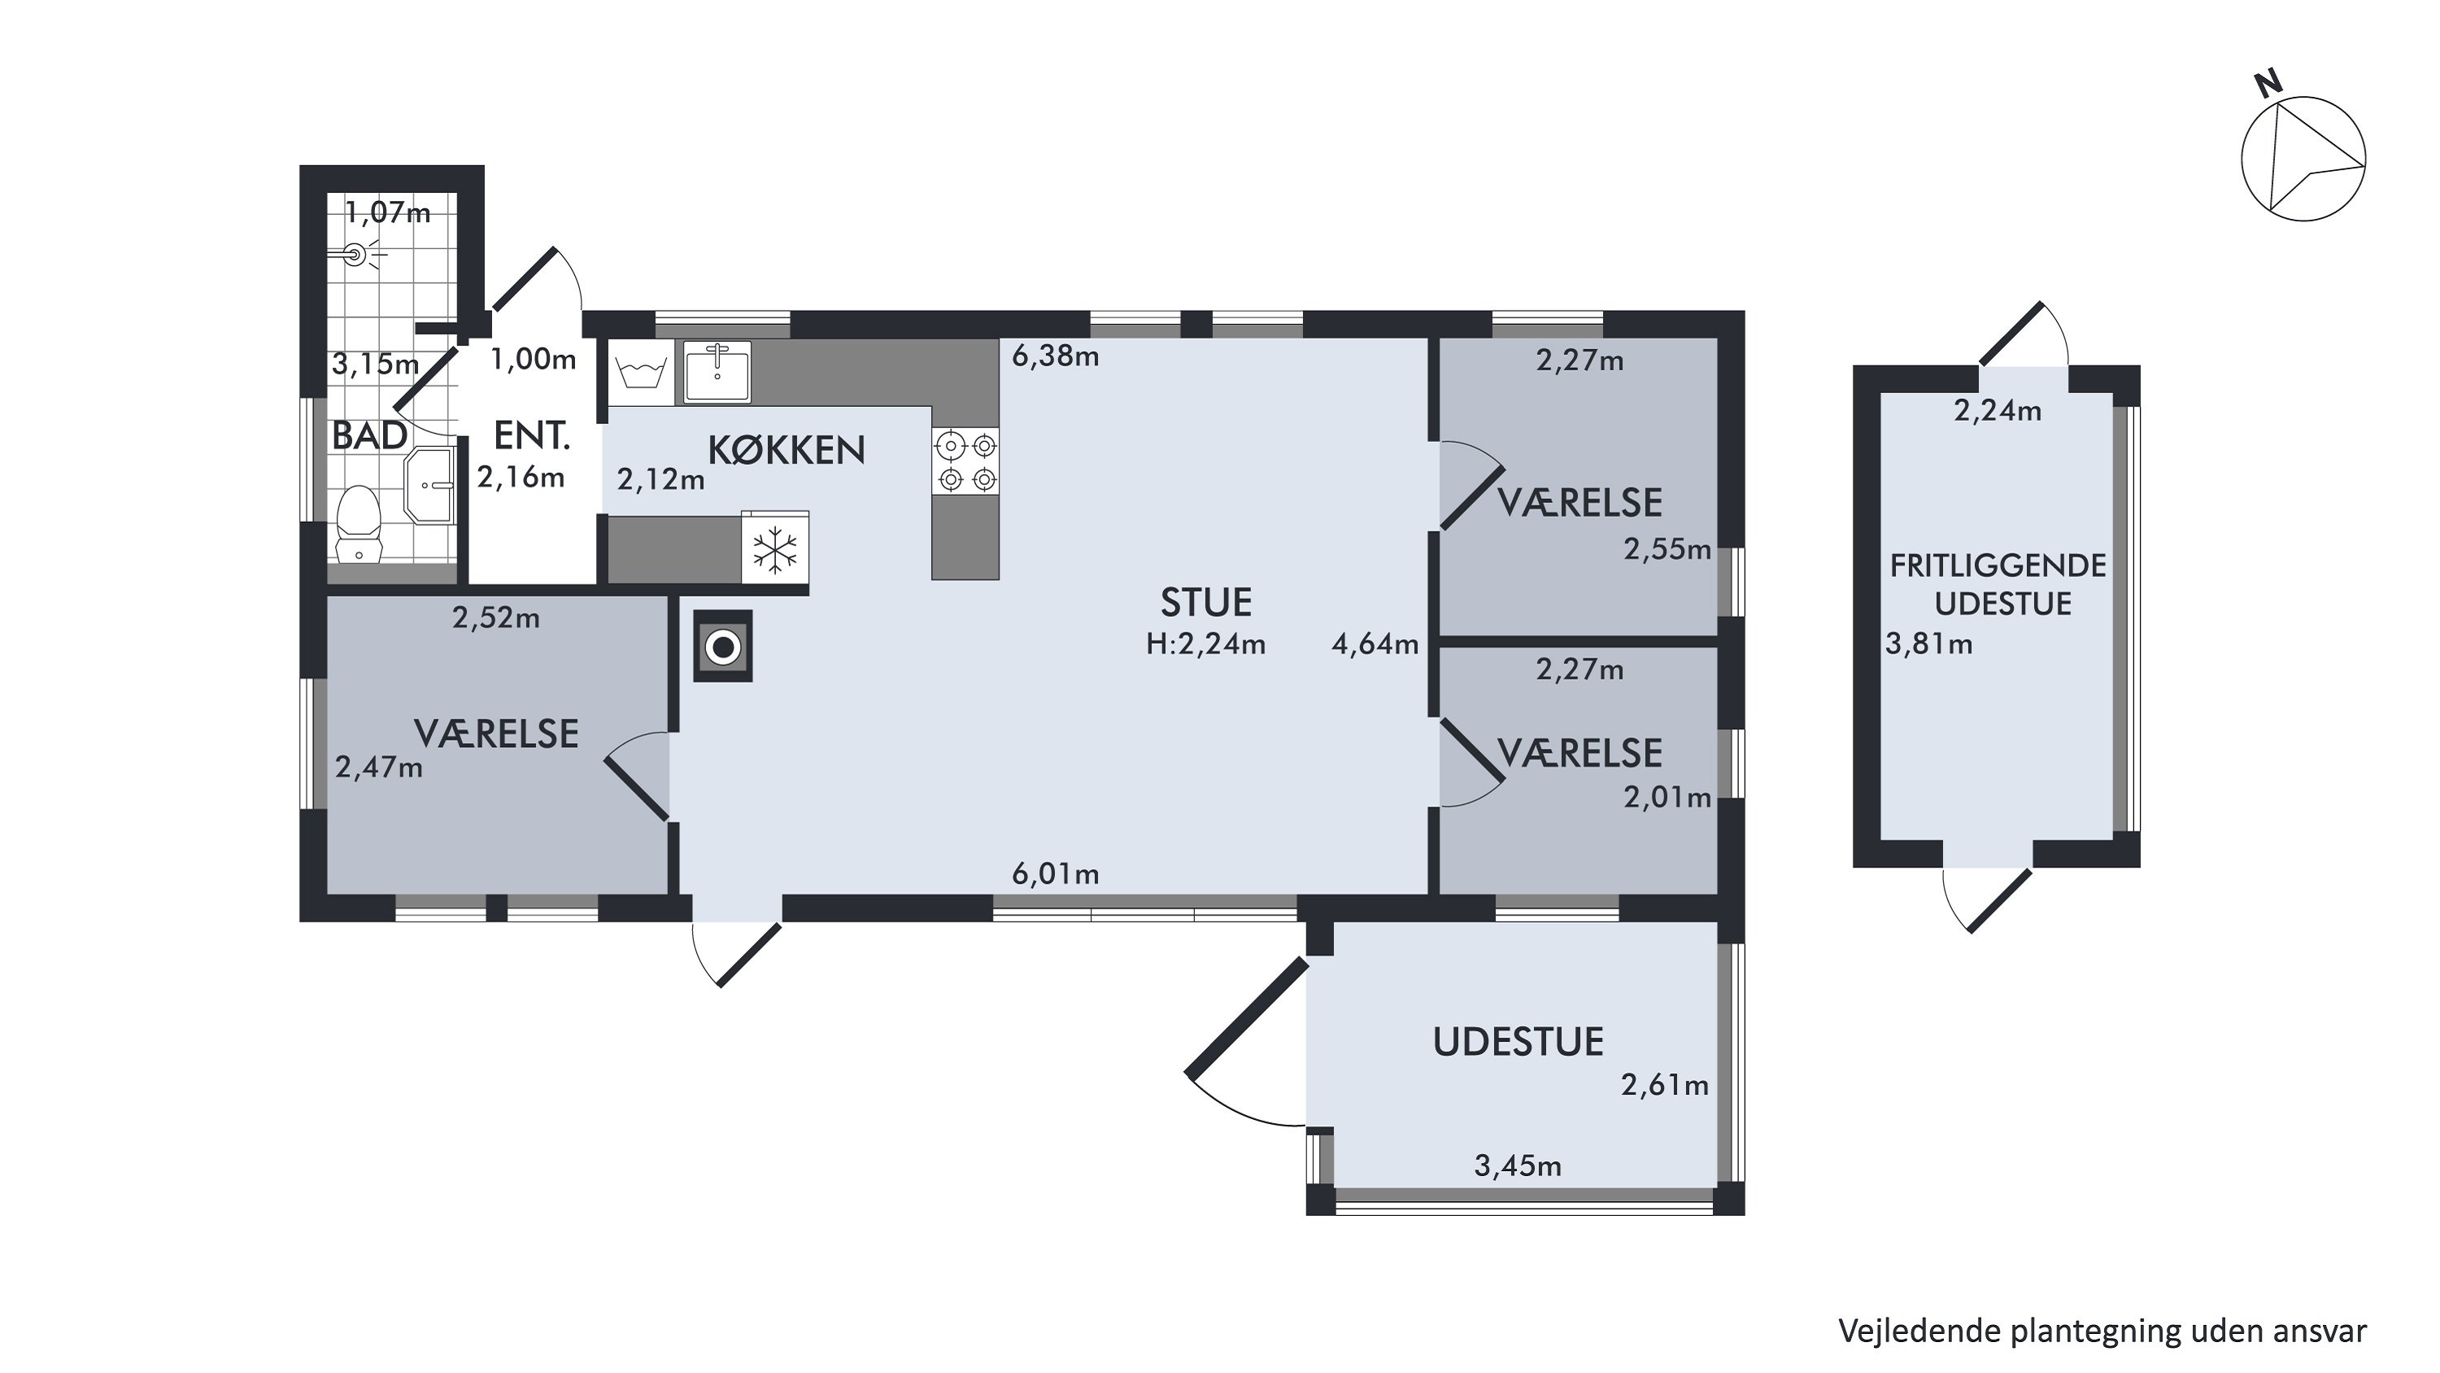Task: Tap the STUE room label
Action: coord(1206,602)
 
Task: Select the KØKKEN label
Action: coord(786,450)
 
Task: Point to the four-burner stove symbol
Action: coord(965,461)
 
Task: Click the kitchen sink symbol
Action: coord(717,373)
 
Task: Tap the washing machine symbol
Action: coord(640,373)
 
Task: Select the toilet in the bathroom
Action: coord(359,525)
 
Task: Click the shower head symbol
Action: coord(357,255)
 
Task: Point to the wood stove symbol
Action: coord(724,646)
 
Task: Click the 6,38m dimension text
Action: coord(1055,356)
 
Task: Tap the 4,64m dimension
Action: coord(1375,645)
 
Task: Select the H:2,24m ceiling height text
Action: coord(1206,645)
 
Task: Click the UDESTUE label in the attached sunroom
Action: coord(1518,1043)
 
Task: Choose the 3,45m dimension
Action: coord(1518,1165)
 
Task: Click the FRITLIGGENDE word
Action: coord(1998,566)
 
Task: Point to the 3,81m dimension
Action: coord(1928,645)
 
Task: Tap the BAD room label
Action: coord(369,436)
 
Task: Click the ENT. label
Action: coord(531,436)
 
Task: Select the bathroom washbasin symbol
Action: coord(431,486)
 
